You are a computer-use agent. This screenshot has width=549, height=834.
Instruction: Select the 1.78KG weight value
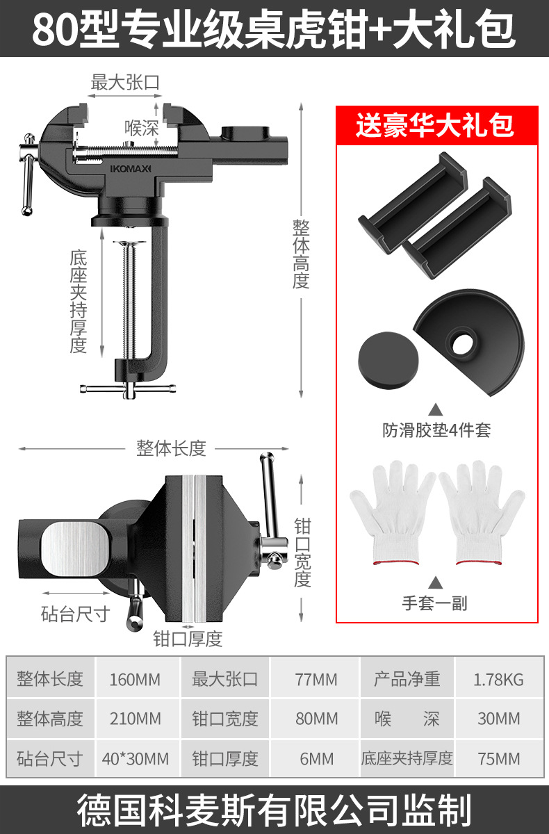498,678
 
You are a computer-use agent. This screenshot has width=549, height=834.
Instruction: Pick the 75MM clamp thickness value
498,758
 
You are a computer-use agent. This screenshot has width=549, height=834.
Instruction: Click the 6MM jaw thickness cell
317,758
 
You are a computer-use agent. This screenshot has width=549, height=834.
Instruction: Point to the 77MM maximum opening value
317,678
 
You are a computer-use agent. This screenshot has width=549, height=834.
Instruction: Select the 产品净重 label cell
407,678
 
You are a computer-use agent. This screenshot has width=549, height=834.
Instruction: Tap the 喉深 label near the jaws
142,129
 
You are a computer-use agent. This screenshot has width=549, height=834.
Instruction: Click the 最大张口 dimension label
126,83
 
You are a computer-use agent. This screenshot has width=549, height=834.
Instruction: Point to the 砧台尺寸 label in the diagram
75,614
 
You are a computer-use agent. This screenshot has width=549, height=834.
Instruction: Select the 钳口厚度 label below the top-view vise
188,639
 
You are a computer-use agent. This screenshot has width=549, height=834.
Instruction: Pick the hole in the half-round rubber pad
461,341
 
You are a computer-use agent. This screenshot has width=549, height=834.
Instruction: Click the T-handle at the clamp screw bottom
129,389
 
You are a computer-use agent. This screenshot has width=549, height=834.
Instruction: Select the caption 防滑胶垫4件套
436,430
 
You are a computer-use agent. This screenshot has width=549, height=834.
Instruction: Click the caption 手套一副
435,603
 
